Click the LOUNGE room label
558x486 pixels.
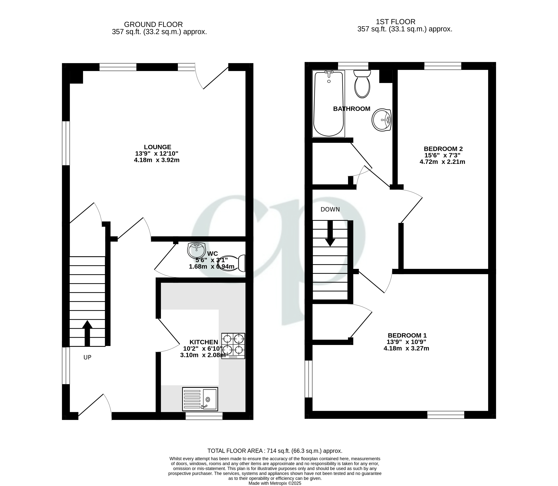pos(157,147)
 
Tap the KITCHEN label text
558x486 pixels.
pos(204,342)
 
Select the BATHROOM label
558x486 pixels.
pos(352,109)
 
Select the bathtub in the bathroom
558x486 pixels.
pos(329,103)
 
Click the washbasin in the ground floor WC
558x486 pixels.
pos(196,250)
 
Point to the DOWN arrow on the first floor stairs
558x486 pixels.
pos(330,234)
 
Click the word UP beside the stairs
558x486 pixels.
pos(87,357)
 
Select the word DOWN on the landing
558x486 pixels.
pos(330,209)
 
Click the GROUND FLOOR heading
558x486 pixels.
pos(153,24)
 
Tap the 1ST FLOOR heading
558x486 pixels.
pos(395,22)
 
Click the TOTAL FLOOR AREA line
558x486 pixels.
pos(275,451)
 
